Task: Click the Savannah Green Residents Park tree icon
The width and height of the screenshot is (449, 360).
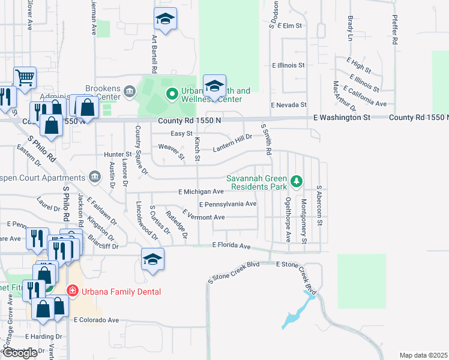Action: pos(295,181)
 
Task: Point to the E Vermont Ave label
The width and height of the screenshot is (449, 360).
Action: pos(203,217)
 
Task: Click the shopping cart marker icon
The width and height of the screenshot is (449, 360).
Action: pos(25,77)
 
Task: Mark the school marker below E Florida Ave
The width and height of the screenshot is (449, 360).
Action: pos(152,259)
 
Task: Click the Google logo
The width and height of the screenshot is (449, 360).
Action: pos(19,353)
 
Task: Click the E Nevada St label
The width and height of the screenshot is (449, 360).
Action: pos(289,104)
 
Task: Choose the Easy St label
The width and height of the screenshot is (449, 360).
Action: pos(181,133)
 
